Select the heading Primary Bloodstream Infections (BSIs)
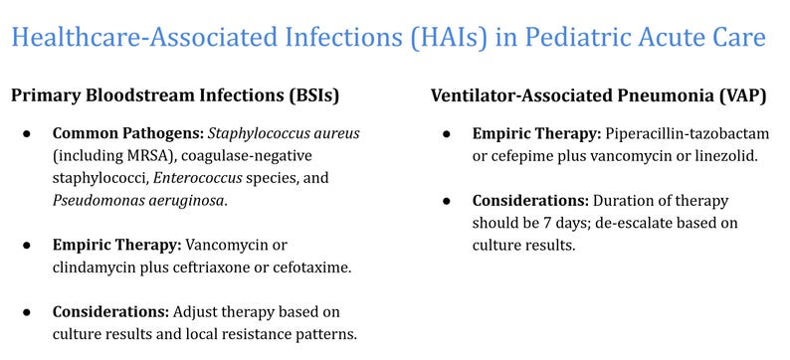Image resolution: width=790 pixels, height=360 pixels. (x=175, y=95)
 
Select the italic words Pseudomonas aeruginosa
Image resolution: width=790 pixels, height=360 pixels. (x=138, y=200)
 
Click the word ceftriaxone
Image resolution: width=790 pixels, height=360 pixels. (x=220, y=267)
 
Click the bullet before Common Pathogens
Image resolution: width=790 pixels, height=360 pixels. (x=30, y=133)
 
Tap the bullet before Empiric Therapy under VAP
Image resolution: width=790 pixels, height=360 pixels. (x=449, y=133)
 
